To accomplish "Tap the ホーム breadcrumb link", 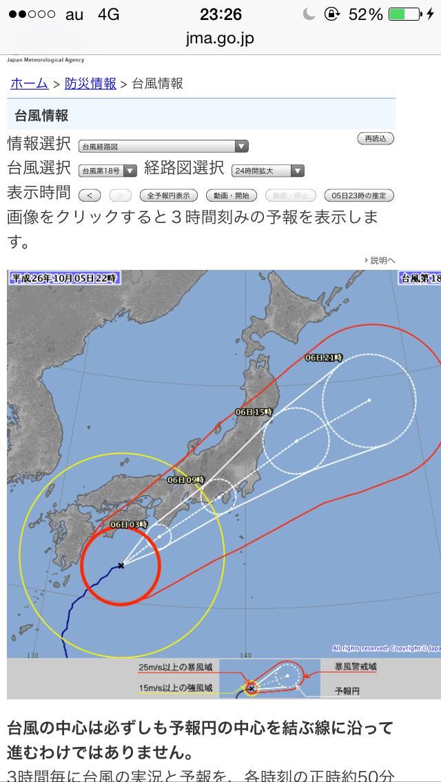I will coord(29,84).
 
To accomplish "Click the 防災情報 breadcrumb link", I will coord(90,84).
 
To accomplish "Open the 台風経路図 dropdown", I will coord(163,146).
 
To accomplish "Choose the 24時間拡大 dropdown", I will coord(268,171).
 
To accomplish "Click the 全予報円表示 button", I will coord(169,195).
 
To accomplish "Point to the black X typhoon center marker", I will coord(121,565).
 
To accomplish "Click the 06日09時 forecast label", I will coord(186,480).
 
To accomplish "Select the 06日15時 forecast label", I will coord(254,412).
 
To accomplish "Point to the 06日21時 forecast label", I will coord(324,357).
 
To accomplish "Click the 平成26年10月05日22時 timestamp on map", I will coord(65,277).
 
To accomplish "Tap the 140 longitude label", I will coord(246,655).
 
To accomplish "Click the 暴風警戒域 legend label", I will coord(356,667).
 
